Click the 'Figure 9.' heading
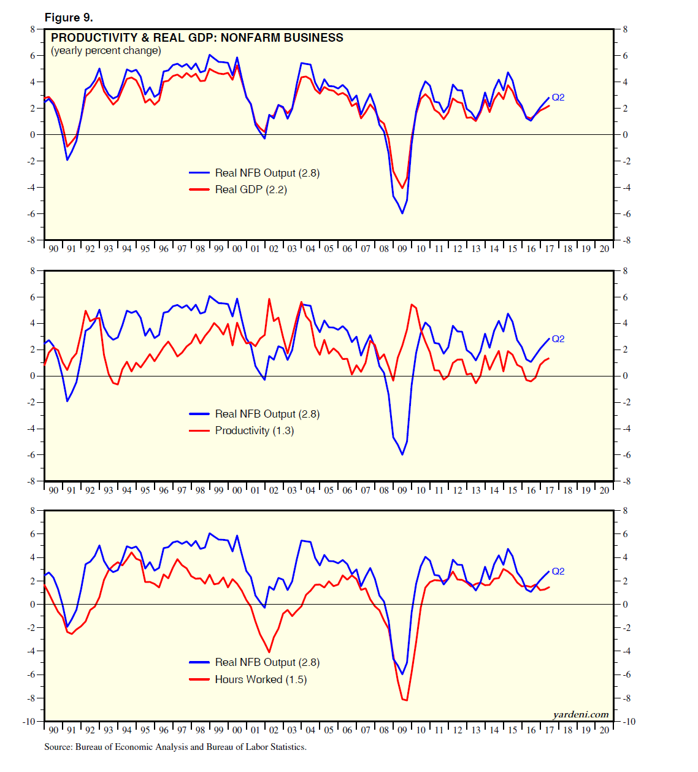click(x=69, y=18)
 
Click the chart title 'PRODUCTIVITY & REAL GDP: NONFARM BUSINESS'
click(x=197, y=38)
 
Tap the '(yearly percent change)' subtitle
click(x=106, y=51)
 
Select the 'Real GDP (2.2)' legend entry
click(x=250, y=189)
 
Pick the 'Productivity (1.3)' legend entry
click(x=254, y=430)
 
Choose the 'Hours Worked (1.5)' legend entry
click(x=261, y=679)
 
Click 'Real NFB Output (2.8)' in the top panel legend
click(x=267, y=173)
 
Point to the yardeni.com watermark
click(x=580, y=714)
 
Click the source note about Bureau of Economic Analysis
click(x=175, y=747)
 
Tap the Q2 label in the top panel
click(x=558, y=97)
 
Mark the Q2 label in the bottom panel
click(x=558, y=571)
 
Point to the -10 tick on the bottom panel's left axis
click(x=29, y=722)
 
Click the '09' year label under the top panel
click(x=402, y=249)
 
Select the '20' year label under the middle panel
click(x=605, y=491)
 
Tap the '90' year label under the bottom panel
click(x=53, y=730)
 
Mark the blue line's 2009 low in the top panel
click(x=402, y=213)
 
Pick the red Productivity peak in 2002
click(x=269, y=299)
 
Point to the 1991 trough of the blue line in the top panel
click(x=67, y=160)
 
